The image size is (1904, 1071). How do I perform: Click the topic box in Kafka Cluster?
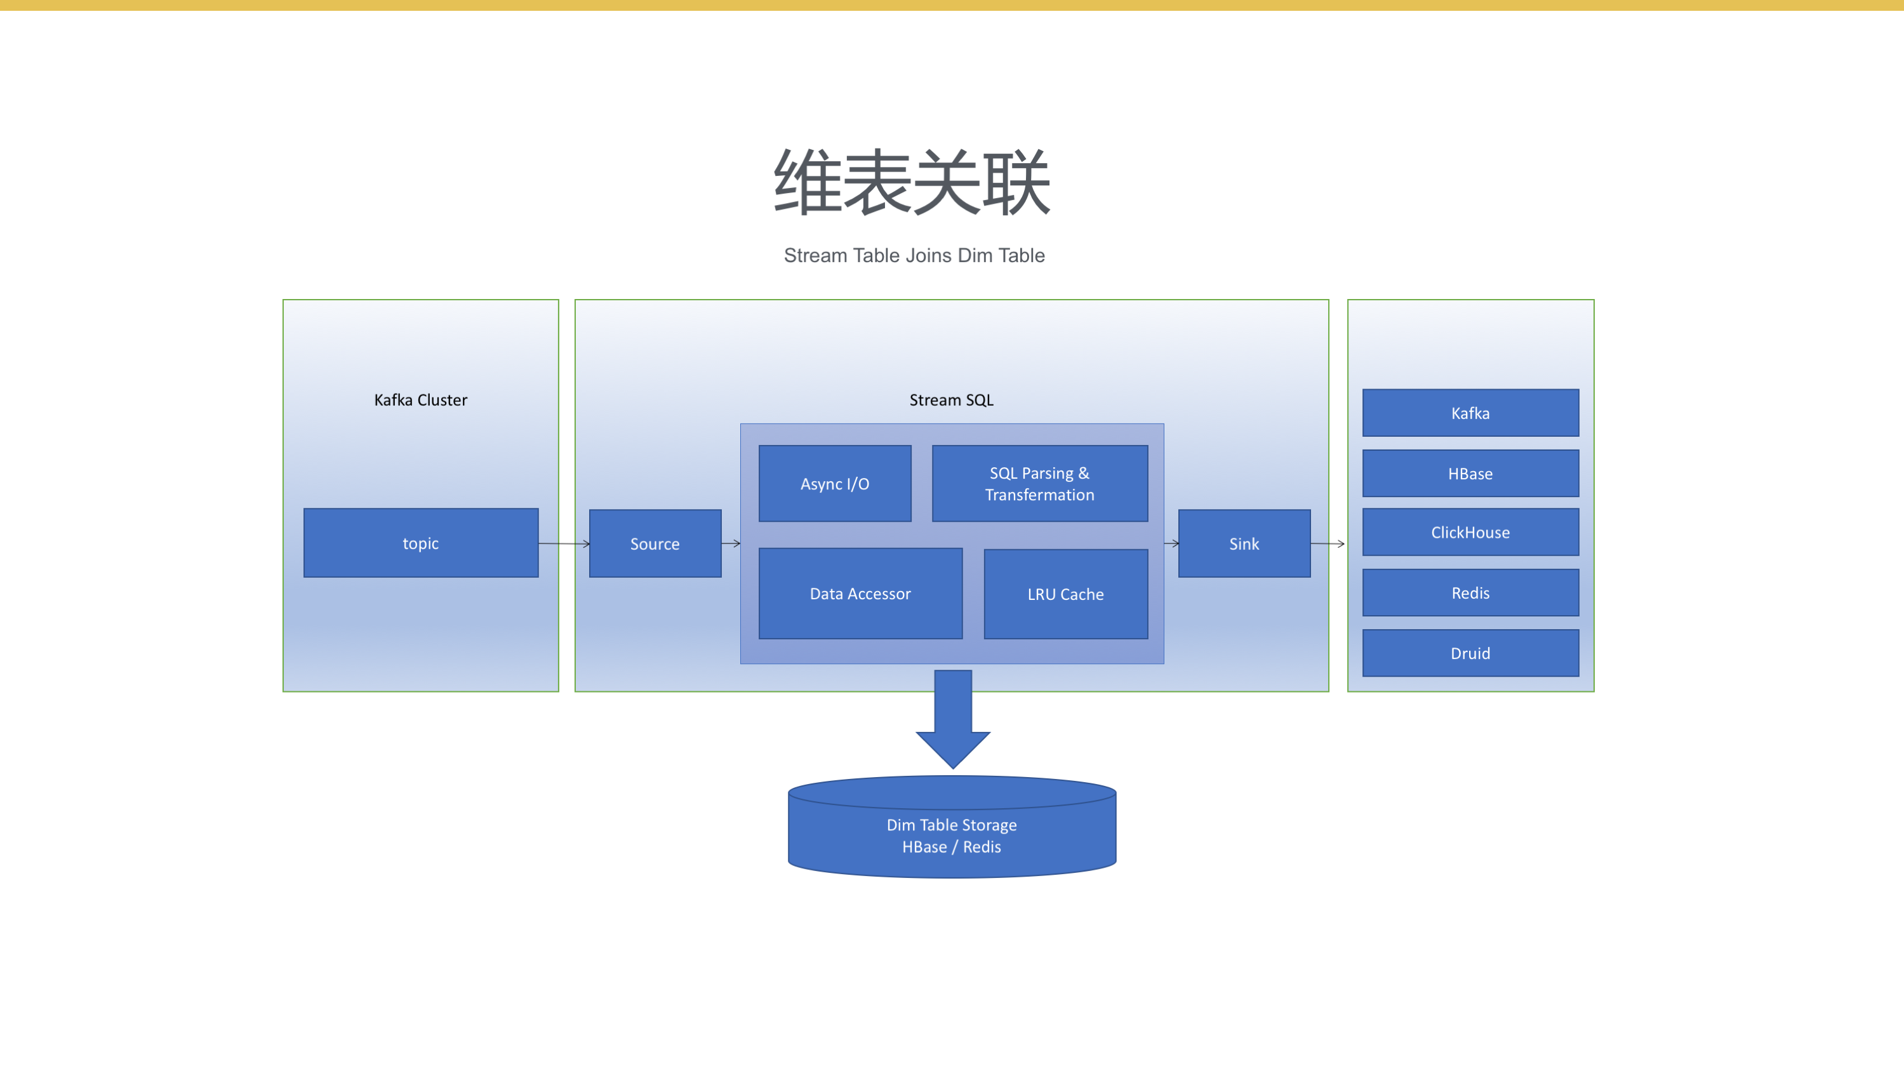(420, 543)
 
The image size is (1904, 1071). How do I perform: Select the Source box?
(655, 543)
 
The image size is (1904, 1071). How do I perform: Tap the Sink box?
(1244, 543)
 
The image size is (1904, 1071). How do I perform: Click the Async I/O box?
(834, 483)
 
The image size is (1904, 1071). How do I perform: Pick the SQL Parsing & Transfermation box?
(1039, 483)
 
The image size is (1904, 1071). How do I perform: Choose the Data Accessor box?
(860, 594)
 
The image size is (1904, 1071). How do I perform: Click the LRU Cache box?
(1065, 594)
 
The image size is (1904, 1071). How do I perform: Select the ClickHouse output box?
(1470, 532)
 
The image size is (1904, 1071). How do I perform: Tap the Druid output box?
(1470, 653)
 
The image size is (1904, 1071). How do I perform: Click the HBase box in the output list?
(1470, 473)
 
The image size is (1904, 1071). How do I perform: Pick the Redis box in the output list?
(1470, 593)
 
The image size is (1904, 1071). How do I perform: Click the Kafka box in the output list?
(1470, 413)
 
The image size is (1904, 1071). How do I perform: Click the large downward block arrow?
(953, 719)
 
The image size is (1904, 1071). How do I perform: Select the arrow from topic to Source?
(564, 544)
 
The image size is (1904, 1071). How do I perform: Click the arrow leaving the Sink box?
(1328, 544)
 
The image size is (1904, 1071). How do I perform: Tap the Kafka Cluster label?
(420, 400)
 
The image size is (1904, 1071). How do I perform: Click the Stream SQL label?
(951, 400)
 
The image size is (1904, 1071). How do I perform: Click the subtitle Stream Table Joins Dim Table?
(914, 255)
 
